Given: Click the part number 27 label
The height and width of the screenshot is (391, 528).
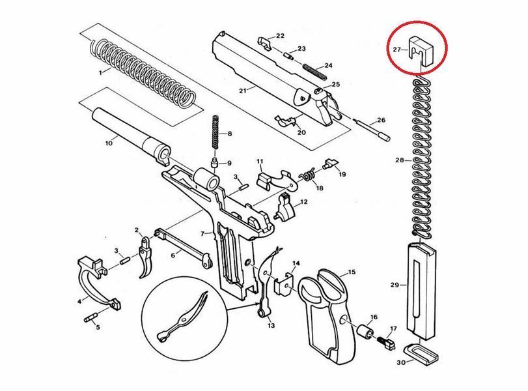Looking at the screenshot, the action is [397, 50].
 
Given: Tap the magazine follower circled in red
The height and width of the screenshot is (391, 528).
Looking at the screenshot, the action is [421, 51].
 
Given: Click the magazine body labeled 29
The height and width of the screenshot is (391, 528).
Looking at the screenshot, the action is [421, 291].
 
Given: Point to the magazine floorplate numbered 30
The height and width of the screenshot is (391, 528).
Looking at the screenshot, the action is [421, 354].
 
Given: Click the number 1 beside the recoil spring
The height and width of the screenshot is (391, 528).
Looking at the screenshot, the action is [100, 72].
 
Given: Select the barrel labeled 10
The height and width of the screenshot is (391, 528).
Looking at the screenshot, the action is [132, 136].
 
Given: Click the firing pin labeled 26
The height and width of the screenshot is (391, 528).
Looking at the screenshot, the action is [372, 129].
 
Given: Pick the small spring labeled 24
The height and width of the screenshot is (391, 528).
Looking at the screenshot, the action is [314, 72].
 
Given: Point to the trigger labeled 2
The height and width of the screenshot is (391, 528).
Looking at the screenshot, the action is [145, 257].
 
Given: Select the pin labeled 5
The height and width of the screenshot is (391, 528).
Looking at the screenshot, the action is [90, 317].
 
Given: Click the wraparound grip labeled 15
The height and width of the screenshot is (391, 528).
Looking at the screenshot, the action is [327, 315].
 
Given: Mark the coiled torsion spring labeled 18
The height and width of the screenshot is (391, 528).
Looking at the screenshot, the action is [308, 175].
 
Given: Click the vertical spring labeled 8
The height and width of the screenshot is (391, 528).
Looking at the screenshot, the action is [216, 132].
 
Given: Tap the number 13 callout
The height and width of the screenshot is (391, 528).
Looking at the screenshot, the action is [271, 325].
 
